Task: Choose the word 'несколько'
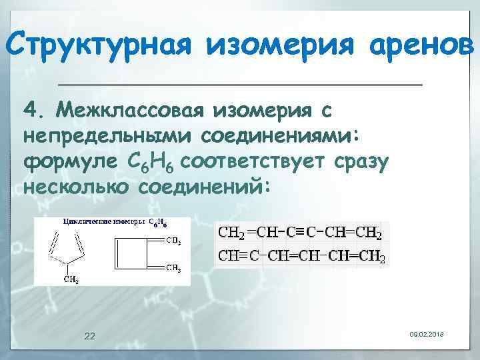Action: point(76,187)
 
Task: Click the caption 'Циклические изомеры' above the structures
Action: point(104,222)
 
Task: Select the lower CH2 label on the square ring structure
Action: point(173,269)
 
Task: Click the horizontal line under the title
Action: point(240,85)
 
